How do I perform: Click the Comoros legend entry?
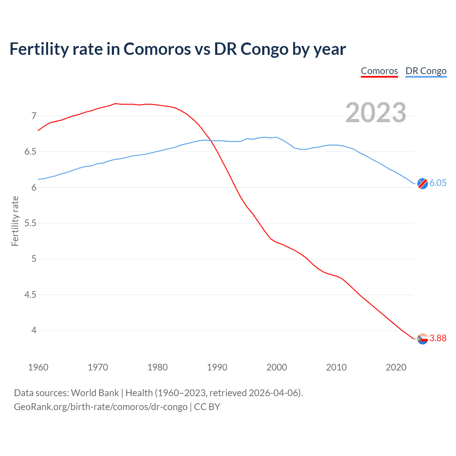(379, 71)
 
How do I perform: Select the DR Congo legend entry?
(426, 71)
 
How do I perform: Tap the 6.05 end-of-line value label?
(438, 183)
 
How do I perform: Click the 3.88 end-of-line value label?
(438, 338)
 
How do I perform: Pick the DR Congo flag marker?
(423, 183)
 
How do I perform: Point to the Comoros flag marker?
(423, 339)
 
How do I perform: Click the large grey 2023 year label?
(375, 113)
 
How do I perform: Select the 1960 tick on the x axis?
(38, 367)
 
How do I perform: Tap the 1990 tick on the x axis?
(217, 367)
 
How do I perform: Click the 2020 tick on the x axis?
(396, 367)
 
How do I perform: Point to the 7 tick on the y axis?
(34, 116)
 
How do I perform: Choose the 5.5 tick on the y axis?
(30, 223)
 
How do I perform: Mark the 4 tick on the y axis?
(34, 331)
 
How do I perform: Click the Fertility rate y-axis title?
(15, 221)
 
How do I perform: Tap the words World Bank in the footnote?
(95, 393)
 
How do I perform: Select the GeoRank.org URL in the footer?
(100, 407)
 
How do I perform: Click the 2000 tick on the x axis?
(276, 367)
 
